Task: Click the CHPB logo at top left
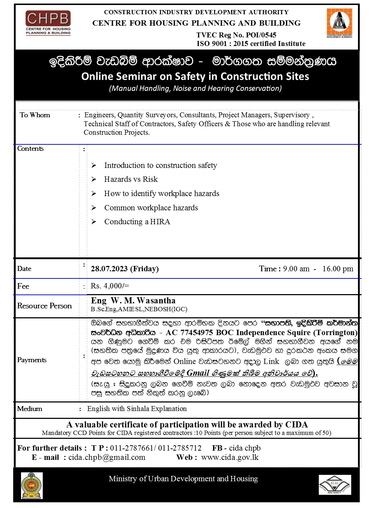48,23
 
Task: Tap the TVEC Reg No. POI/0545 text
236,35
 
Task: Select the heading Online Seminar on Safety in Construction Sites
195,76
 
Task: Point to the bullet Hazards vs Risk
131,179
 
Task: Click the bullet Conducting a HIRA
137,222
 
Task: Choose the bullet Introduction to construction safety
160,165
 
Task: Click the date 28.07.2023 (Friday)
125,269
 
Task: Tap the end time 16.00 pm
338,269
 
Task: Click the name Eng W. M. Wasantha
133,301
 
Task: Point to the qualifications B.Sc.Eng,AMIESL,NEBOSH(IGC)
139,309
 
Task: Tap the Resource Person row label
45,306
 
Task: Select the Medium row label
30,409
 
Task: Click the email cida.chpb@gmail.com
107,457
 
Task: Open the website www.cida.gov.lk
230,457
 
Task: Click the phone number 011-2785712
180,448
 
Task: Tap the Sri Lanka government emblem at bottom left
32,486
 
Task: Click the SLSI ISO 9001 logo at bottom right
334,485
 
